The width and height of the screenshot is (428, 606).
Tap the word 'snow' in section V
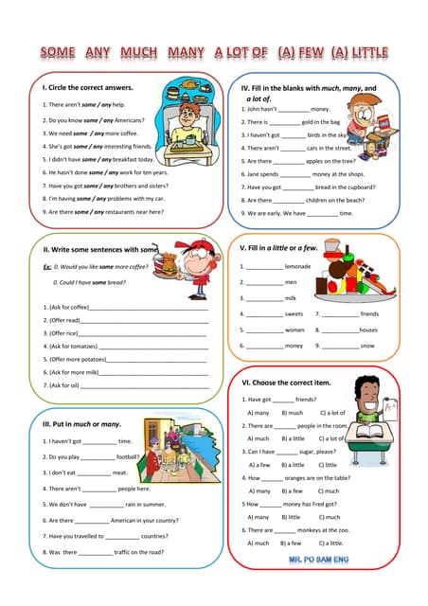[x=367, y=346]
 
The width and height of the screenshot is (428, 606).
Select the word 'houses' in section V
[x=368, y=330]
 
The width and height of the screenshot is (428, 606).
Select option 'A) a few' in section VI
[x=259, y=465]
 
